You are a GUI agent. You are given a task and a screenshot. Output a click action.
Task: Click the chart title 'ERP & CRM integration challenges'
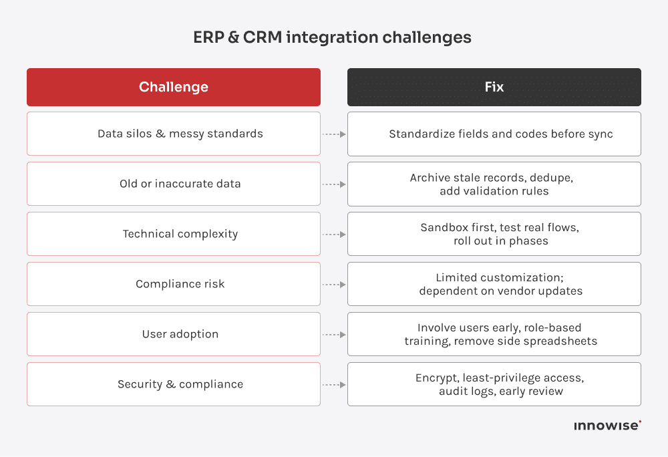click(x=332, y=37)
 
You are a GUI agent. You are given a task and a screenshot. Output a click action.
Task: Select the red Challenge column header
click(x=174, y=87)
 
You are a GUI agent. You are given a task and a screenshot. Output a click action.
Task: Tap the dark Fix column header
click(x=494, y=87)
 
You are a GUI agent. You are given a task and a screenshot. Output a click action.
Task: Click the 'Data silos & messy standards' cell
click(x=174, y=134)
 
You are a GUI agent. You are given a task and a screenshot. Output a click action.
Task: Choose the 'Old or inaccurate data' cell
click(x=174, y=184)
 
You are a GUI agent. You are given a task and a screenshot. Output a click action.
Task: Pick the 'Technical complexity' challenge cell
click(x=174, y=234)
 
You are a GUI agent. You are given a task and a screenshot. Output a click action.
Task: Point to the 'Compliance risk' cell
click(x=174, y=284)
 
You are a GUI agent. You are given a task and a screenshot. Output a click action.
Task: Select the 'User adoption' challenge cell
click(x=174, y=334)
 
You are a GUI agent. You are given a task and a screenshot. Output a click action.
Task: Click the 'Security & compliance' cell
click(x=174, y=384)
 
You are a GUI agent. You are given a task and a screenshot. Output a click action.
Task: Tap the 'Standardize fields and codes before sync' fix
click(x=494, y=134)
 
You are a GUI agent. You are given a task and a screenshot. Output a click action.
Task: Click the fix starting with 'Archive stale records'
click(x=494, y=184)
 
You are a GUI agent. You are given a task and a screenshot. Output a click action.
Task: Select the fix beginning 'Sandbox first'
click(x=494, y=234)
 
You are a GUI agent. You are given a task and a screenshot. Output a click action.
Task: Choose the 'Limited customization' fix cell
click(x=494, y=284)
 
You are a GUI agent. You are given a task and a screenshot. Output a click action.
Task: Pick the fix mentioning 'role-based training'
click(x=494, y=334)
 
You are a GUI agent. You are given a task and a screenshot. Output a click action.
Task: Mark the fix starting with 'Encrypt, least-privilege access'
click(x=494, y=384)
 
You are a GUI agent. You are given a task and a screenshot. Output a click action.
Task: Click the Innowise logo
click(x=607, y=426)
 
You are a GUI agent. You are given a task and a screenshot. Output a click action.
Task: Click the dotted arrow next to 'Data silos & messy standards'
click(x=334, y=134)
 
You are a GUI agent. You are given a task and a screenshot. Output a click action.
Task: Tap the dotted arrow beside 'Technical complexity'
click(x=334, y=235)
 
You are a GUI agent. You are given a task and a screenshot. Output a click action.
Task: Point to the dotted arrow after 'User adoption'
click(x=334, y=335)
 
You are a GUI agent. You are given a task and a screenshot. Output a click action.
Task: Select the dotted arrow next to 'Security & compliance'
click(x=334, y=385)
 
